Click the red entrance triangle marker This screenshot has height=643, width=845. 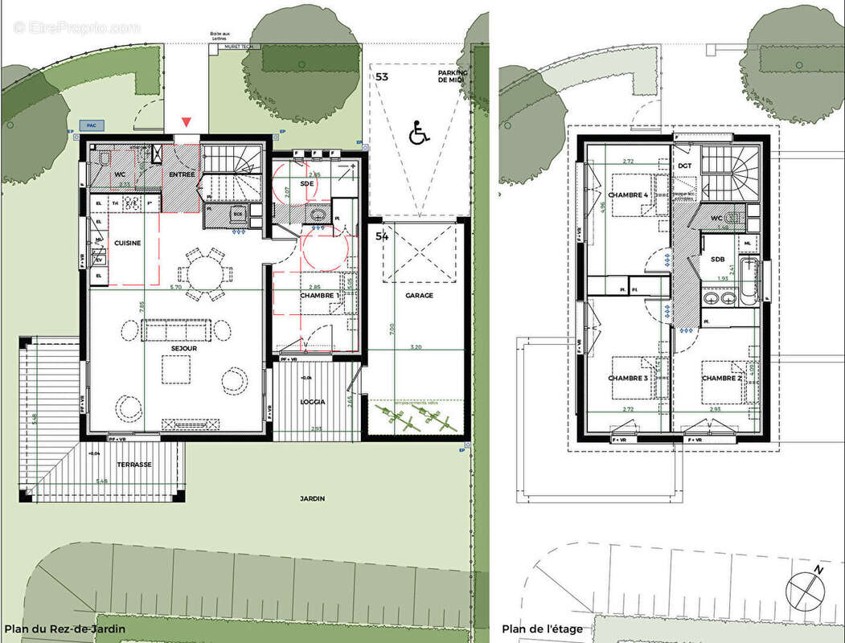pos(187,122)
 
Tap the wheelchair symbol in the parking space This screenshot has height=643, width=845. pos(418,133)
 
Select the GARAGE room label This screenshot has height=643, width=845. pos(419,296)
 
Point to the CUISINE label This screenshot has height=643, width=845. pos(127,243)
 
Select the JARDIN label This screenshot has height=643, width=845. pos(313,499)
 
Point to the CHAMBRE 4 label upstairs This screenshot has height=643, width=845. pos(628,195)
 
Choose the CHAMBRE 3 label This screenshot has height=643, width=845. pos(628,378)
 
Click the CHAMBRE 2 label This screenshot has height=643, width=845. pos(721,377)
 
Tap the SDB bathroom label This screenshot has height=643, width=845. pos(717,259)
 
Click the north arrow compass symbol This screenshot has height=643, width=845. pos(806,588)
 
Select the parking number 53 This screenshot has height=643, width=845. pos(382,76)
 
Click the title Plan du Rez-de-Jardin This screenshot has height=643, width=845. pos(64,629)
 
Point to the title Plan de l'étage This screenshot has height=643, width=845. pos(542,629)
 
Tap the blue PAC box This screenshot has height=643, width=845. pos(91,125)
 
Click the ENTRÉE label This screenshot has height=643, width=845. pos(181,174)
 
